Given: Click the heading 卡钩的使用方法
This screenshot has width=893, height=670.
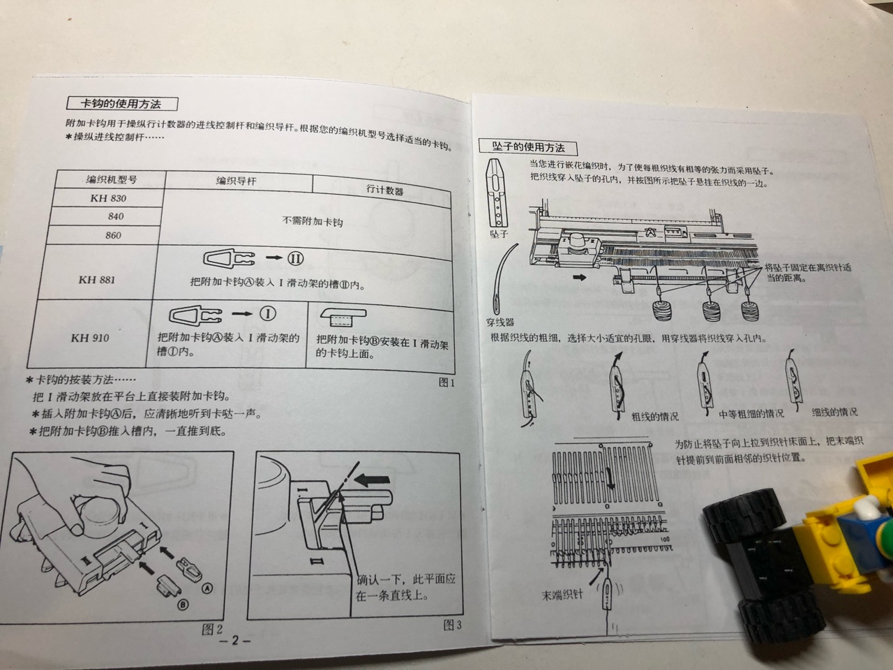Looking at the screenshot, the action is [121, 104].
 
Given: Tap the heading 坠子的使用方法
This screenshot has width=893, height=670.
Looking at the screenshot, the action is [528, 147].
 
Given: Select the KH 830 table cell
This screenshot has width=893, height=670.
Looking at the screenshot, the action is [108, 198].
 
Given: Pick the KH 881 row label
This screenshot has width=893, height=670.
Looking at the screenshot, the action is [97, 279].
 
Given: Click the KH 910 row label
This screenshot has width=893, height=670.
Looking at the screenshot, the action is [90, 338].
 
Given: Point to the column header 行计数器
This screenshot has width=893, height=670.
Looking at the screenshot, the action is [385, 190].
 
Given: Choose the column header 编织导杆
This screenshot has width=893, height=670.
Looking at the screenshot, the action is [236, 181].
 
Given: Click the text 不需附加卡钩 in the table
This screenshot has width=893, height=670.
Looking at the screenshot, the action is [313, 221].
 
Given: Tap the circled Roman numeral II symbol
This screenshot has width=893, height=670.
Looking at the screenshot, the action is [295, 258].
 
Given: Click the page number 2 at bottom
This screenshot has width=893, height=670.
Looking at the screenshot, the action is [234, 641].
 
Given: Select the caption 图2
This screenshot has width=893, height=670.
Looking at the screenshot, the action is [212, 630].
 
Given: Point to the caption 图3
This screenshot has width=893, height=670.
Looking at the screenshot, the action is [452, 625].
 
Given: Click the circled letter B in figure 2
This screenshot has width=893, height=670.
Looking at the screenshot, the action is [183, 604].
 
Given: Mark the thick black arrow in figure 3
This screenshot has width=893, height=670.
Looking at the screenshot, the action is [373, 479].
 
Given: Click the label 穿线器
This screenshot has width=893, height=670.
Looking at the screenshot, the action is [500, 322].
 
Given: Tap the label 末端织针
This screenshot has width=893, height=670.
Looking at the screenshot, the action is [562, 595].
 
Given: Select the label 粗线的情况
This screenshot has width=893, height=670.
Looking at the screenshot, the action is [654, 416].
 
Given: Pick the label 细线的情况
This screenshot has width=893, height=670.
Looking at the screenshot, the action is [834, 412].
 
